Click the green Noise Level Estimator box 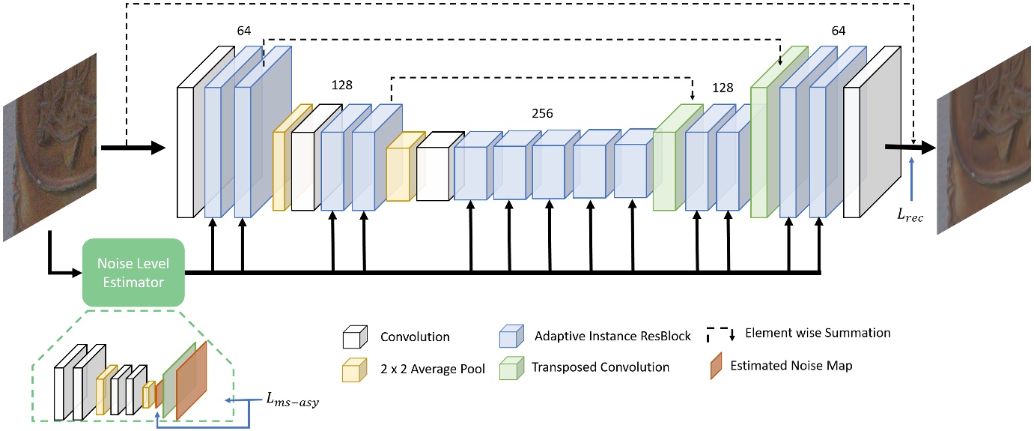coord(133,273)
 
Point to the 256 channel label coord(541,114)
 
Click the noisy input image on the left coord(50,146)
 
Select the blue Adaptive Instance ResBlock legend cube coord(510,337)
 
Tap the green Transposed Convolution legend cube coord(510,368)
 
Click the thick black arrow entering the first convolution coord(135,148)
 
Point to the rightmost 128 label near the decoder coord(723,88)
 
